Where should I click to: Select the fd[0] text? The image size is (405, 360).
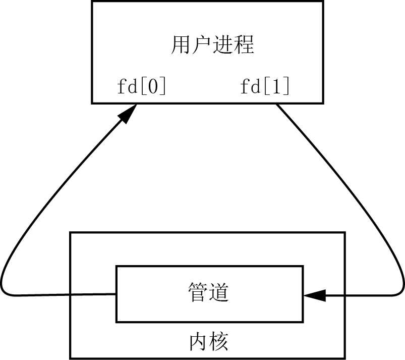point(141,87)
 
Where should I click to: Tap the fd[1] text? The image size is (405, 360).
point(265,87)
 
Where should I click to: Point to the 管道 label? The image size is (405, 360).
point(208,292)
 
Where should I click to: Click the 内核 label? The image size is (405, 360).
point(209,342)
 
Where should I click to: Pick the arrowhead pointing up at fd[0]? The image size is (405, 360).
point(128,114)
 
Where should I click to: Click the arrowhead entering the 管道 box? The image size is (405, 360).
point(314,296)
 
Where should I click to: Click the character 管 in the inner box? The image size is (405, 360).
point(198,292)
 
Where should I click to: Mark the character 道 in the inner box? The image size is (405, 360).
point(219,292)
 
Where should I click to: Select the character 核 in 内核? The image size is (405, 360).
point(219,342)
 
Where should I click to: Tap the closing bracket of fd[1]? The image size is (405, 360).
point(286,87)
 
